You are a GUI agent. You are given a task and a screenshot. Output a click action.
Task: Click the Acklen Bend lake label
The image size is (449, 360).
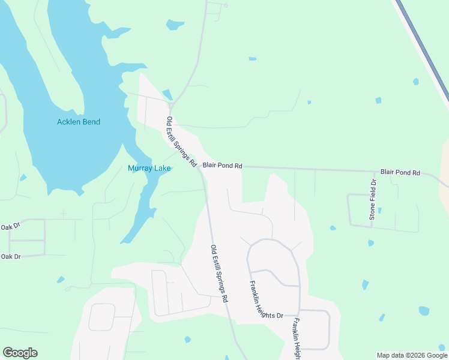79,122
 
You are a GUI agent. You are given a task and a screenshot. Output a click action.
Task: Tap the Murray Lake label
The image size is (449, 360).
149,169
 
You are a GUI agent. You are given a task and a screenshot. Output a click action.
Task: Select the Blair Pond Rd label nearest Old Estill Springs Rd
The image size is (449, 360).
222,165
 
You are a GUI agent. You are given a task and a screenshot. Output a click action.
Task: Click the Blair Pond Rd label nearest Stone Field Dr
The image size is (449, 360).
400,172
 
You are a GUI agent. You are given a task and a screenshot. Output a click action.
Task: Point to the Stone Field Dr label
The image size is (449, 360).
373,200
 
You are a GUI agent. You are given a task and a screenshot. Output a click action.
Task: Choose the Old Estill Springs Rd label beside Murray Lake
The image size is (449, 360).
181,142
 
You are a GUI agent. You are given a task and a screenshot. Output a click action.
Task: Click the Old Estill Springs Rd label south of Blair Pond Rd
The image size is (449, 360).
219,273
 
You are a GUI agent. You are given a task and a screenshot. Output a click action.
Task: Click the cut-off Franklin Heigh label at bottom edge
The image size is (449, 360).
297,339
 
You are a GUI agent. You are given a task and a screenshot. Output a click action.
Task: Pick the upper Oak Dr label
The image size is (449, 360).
10,227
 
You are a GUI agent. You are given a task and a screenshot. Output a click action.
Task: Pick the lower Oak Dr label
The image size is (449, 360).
10,256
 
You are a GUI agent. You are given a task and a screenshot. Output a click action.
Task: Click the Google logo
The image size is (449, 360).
20,353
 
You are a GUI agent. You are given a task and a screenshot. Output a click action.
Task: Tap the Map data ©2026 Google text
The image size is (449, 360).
412,355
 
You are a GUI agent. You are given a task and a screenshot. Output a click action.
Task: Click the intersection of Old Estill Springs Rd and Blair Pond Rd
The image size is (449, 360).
200,169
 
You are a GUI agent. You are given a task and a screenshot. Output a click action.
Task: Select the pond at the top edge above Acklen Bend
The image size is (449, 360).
175,25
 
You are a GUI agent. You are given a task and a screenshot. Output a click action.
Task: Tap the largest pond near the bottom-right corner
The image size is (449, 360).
424,311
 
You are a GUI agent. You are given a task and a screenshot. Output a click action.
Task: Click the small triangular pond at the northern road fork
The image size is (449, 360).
167,95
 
